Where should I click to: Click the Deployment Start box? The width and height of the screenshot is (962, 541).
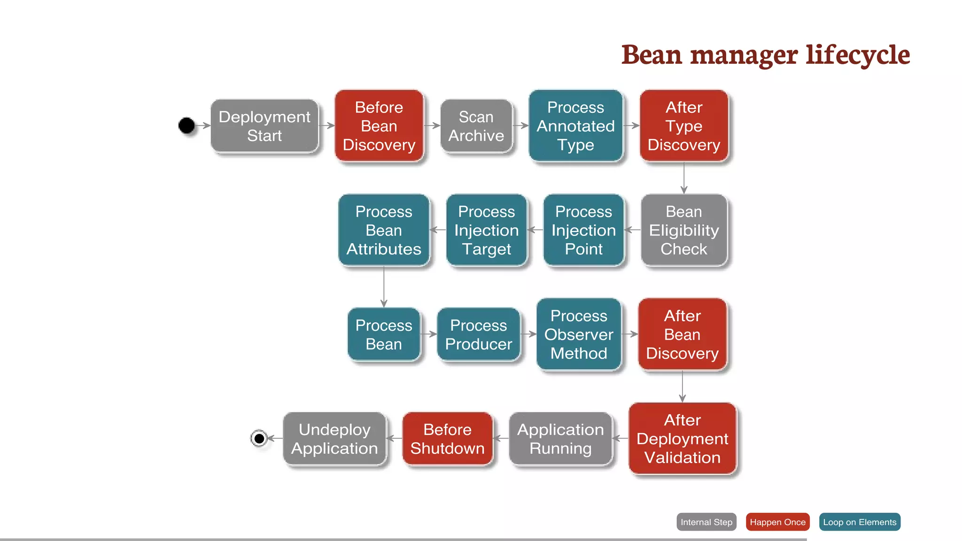pos(264,126)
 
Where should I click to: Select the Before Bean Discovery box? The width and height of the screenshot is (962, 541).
pos(379,126)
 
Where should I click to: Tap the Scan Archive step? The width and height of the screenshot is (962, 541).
pos(476,126)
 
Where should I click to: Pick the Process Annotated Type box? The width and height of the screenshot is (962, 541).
pos(575,126)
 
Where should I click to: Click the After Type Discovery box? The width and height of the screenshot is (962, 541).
pos(684,126)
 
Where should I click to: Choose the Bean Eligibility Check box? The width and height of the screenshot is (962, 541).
pos(684,230)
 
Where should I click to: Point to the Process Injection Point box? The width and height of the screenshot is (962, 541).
pos(583,230)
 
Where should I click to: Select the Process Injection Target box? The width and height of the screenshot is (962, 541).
pos(486,230)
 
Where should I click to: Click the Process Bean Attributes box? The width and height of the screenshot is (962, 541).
pos(384,230)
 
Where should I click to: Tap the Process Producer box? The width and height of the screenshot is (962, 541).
pos(479,334)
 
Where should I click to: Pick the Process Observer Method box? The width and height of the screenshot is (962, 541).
pos(579,334)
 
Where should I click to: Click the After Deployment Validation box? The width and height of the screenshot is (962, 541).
pos(683,439)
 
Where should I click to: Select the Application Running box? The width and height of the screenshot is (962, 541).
pos(560,439)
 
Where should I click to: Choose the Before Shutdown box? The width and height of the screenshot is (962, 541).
pos(447,439)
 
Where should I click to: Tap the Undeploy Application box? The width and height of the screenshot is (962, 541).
pos(334,439)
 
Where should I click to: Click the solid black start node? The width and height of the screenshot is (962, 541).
pos(186,125)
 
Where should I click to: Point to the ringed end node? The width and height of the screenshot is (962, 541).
pos(259,439)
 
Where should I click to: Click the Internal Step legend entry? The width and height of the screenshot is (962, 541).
pos(706,522)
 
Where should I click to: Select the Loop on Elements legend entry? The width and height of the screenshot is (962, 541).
pos(860,522)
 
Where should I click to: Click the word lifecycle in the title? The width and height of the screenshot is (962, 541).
pos(858,55)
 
